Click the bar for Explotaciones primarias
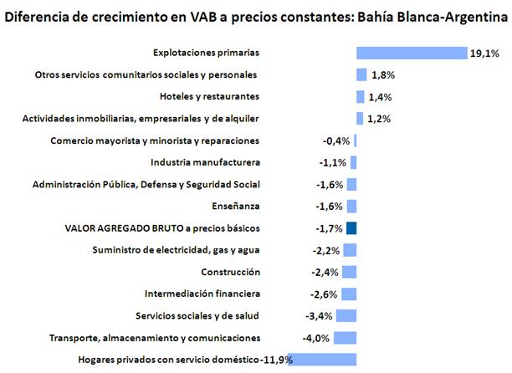coord(412,53)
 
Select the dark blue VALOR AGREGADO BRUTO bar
coord(351,228)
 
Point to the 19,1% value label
coord(484,53)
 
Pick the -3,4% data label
coord(320,316)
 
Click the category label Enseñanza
coord(237,206)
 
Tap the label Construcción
coord(231,272)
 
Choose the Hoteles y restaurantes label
coord(209,96)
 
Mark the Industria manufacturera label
coord(205,162)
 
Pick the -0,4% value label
coord(335,141)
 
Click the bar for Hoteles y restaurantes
coord(361,96)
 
